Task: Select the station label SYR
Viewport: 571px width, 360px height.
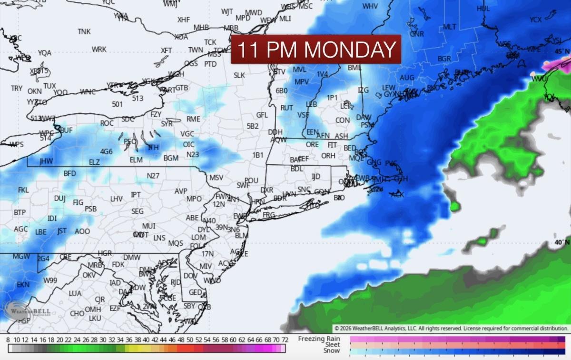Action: pyautogui.click(x=167, y=124)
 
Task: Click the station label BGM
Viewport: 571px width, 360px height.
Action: pyautogui.click(x=171, y=158)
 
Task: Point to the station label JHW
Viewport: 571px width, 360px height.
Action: pyautogui.click(x=46, y=161)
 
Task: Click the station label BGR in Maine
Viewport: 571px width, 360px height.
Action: pyautogui.click(x=444, y=59)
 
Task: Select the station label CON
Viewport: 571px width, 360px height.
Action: pyautogui.click(x=343, y=120)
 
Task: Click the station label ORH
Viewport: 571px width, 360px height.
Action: pyautogui.click(x=328, y=156)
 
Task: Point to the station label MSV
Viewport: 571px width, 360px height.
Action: pyautogui.click(x=216, y=178)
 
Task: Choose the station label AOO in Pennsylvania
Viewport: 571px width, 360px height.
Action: pyautogui.click(x=82, y=231)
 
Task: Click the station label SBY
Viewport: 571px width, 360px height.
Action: pyautogui.click(x=189, y=306)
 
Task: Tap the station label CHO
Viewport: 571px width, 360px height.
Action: pyautogui.click(x=77, y=314)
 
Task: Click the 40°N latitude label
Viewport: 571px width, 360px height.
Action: pyautogui.click(x=561, y=242)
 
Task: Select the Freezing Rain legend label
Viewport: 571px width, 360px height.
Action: pyautogui.click(x=319, y=339)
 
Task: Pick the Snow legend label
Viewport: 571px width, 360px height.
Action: pyautogui.click(x=331, y=351)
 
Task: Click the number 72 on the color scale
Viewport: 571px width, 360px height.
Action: pyautogui.click(x=285, y=340)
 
